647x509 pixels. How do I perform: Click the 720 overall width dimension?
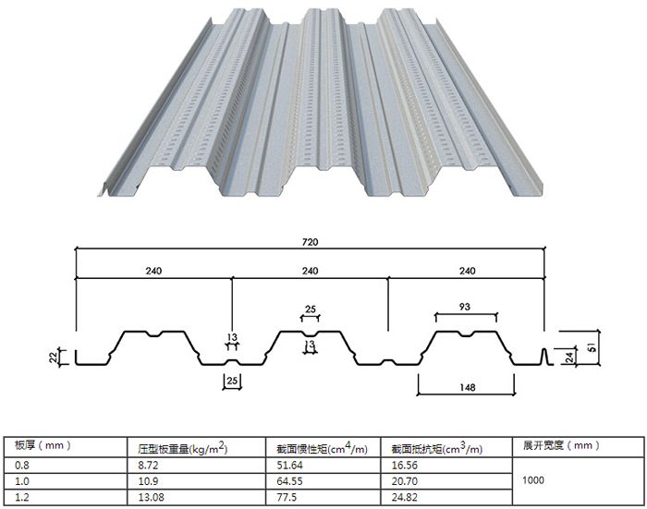pyautogui.click(x=310, y=242)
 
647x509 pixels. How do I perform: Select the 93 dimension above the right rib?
pyautogui.click(x=465, y=307)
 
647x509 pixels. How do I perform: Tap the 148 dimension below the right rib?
pyautogui.click(x=467, y=387)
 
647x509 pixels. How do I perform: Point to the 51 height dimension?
pyautogui.click(x=592, y=347)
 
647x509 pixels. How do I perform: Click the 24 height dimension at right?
pyautogui.click(x=569, y=358)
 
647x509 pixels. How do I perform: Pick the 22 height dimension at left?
pyautogui.click(x=55, y=358)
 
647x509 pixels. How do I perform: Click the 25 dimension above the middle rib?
pyautogui.click(x=311, y=309)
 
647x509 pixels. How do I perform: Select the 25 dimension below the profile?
pyautogui.click(x=232, y=380)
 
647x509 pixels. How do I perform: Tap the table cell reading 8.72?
pyautogui.click(x=148, y=466)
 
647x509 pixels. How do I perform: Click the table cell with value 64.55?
pyautogui.click(x=289, y=481)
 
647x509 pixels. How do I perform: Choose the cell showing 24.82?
pyautogui.click(x=405, y=497)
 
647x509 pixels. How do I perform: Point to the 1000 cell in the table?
pyautogui.click(x=533, y=480)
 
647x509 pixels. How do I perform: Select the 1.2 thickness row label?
pyautogui.click(x=22, y=497)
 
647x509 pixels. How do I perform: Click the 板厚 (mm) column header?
pyautogui.click(x=43, y=445)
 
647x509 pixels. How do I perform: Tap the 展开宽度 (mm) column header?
pyautogui.click(x=561, y=445)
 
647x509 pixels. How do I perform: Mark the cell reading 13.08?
pyautogui.click(x=151, y=497)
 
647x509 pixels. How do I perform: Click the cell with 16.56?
pyautogui.click(x=405, y=466)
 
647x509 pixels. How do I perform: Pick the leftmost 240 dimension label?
pyautogui.click(x=153, y=271)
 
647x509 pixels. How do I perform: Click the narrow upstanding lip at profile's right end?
pyautogui.click(x=544, y=357)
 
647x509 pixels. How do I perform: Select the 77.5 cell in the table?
pyautogui.click(x=287, y=497)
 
